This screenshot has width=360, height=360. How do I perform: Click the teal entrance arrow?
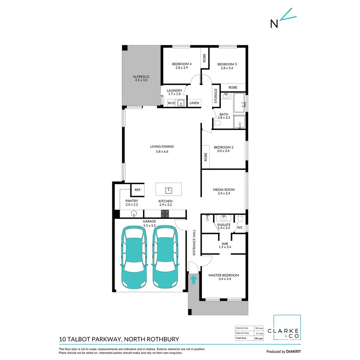pos(193,279)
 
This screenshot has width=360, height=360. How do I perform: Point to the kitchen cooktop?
pos(165,213)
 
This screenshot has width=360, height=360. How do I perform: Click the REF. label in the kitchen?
pos(138,190)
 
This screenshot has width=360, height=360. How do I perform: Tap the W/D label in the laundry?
pos(171,103)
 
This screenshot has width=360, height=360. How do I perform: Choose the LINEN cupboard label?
pos(194,103)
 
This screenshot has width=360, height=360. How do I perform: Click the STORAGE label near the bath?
pos(216,96)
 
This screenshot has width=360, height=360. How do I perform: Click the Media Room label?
pos(224,190)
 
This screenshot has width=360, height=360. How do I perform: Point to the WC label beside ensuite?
pos(240,228)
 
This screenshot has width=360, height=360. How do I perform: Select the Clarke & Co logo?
pos(287,328)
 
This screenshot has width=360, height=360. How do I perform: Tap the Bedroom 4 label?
pos(182,64)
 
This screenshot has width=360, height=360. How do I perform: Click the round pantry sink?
pos(134,213)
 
